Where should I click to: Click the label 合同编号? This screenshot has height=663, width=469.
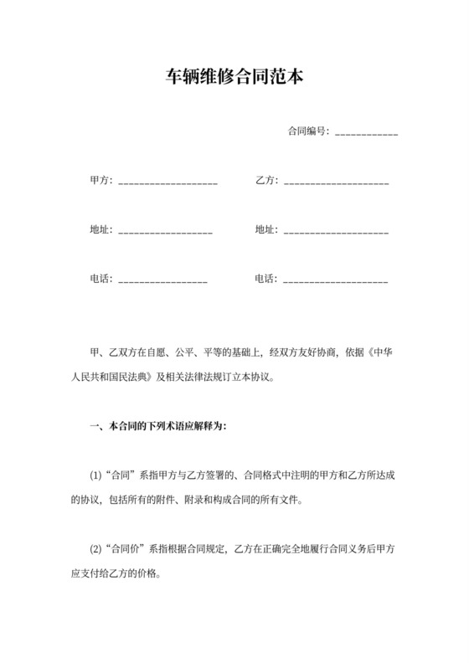coord(307,131)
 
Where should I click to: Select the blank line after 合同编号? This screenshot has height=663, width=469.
coord(366,133)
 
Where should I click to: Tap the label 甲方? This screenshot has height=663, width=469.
coord(100,181)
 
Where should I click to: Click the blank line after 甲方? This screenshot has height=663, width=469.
coord(168,182)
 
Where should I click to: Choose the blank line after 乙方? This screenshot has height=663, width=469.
coord(336,182)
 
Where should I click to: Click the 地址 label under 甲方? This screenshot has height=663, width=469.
coord(100,229)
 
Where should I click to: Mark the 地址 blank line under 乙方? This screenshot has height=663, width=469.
coord(336,231)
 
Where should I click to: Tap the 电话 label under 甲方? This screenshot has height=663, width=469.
coord(100,278)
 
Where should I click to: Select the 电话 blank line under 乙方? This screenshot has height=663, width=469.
coord(336,280)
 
